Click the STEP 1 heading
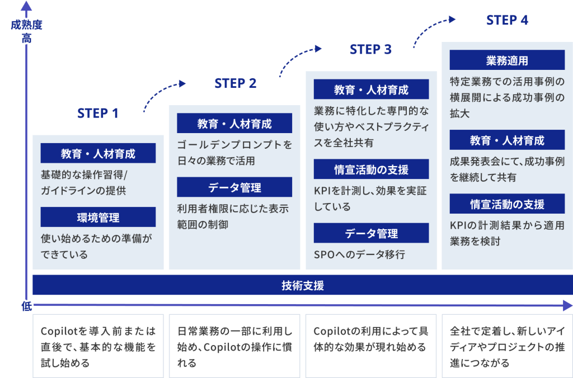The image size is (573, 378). point(98,113)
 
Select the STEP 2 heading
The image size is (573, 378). point(236,83)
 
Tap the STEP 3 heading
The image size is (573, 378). point(370,49)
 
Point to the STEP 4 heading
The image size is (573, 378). point(507,20)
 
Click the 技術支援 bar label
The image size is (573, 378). point(303,285)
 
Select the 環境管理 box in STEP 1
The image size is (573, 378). point(98,217)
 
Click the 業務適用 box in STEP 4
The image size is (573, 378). point(507,60)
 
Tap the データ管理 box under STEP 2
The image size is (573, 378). point(234,187)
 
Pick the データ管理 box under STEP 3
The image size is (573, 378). point(372,233)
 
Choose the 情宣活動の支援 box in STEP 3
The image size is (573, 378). point(372,169)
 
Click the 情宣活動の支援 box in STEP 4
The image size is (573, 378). point(507,204)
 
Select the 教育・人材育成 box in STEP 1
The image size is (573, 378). point(98,153)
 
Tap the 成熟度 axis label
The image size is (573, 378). point(26,25)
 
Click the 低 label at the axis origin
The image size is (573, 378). point(27,306)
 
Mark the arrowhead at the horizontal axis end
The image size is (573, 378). point(567,306)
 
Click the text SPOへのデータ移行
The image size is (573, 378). point(359,254)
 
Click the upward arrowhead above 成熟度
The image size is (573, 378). point(26,6)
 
